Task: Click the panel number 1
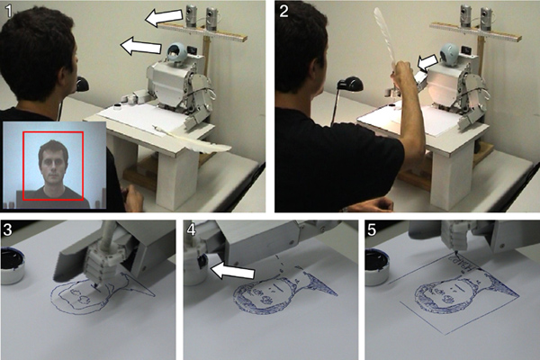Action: (9, 12)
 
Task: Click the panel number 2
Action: (283, 12)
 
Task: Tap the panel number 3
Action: (7, 229)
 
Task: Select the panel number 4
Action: (191, 229)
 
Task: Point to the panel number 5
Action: (373, 229)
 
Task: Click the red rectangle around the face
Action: (23, 166)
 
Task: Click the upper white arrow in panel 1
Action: (164, 17)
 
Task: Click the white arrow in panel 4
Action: (232, 270)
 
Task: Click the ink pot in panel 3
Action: (12, 266)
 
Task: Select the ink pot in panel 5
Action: (377, 268)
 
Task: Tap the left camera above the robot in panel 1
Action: (192, 15)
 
